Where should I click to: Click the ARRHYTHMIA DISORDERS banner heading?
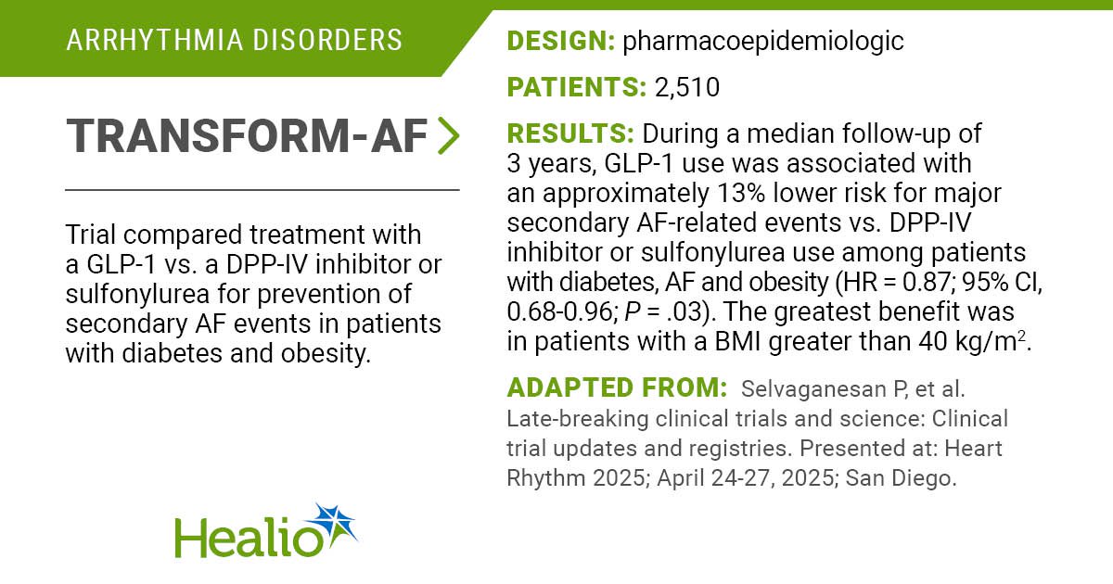(x=234, y=40)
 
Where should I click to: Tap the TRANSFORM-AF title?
(x=247, y=136)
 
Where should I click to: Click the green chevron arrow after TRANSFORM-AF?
(x=448, y=135)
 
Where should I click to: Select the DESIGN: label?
(x=561, y=41)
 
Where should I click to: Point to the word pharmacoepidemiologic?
(x=763, y=42)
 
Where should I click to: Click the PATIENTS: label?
(x=576, y=87)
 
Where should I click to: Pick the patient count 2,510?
(x=687, y=88)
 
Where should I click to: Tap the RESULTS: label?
(x=570, y=133)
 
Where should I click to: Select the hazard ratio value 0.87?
(x=927, y=282)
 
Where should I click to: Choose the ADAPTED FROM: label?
(x=617, y=387)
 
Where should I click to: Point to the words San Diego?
(x=901, y=478)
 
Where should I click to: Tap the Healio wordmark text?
(x=249, y=538)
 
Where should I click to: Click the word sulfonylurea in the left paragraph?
(x=137, y=295)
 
